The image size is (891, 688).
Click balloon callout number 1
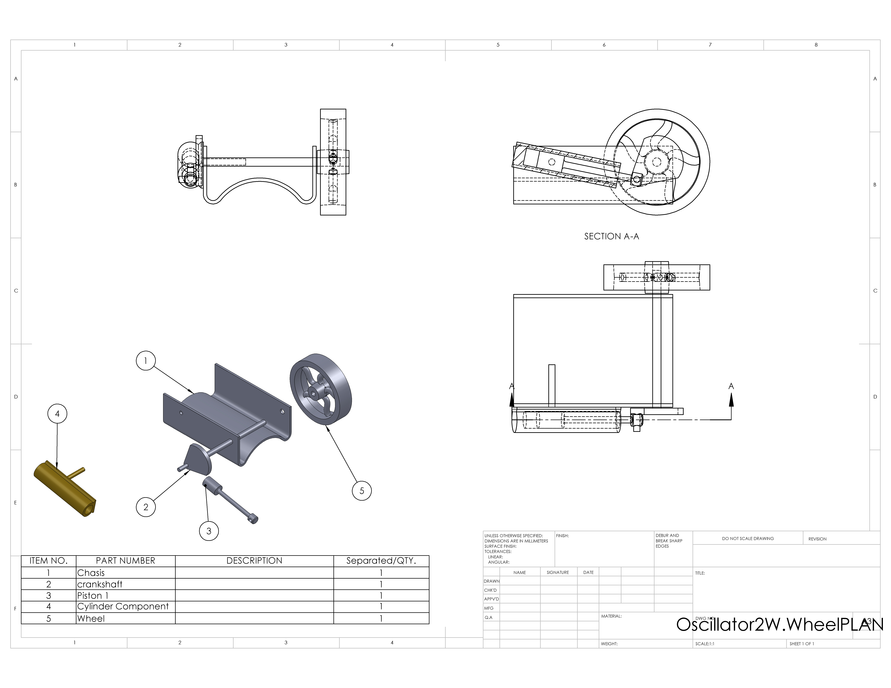pos(146,361)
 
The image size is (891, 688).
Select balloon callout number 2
pos(146,507)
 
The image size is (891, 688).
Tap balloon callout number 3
pos(209,531)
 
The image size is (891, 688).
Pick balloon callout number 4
pos(58,414)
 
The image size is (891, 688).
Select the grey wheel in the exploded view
pos(321,389)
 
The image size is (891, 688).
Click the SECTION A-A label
pos(612,236)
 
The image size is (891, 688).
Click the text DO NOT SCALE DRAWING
pos(748,538)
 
